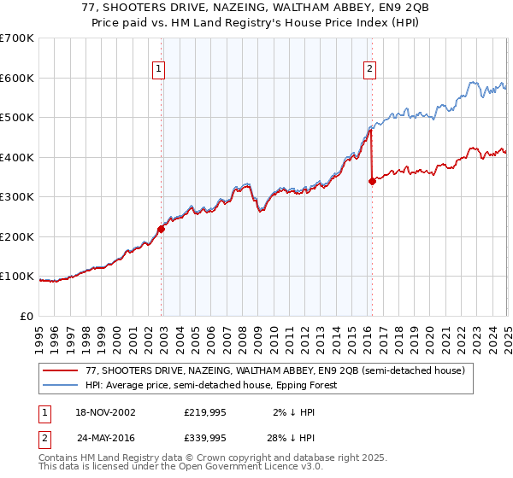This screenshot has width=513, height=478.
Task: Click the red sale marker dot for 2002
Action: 161,229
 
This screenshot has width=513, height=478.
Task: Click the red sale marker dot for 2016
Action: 372,181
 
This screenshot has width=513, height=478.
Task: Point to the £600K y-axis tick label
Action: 17,78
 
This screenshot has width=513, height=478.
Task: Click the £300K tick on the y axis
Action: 17,197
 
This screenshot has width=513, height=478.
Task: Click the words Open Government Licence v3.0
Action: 239,468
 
